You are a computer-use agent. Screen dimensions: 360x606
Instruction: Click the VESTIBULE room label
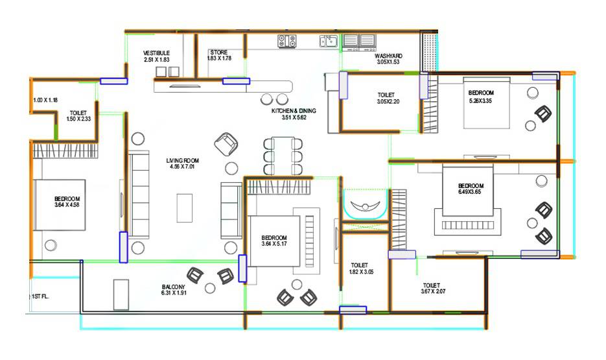156,53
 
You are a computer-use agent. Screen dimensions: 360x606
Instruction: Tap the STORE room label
218,53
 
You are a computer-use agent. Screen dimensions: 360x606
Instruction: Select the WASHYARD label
388,56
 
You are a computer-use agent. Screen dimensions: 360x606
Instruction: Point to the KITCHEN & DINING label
293,111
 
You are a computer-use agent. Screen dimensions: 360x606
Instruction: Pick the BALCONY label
174,287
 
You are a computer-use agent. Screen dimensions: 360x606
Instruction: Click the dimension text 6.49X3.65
471,193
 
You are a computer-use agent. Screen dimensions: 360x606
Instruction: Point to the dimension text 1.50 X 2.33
78,119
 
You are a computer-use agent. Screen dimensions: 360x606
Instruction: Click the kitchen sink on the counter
327,42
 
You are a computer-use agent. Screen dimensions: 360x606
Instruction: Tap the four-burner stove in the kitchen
287,42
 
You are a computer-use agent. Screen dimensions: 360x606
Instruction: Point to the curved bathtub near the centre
365,208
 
